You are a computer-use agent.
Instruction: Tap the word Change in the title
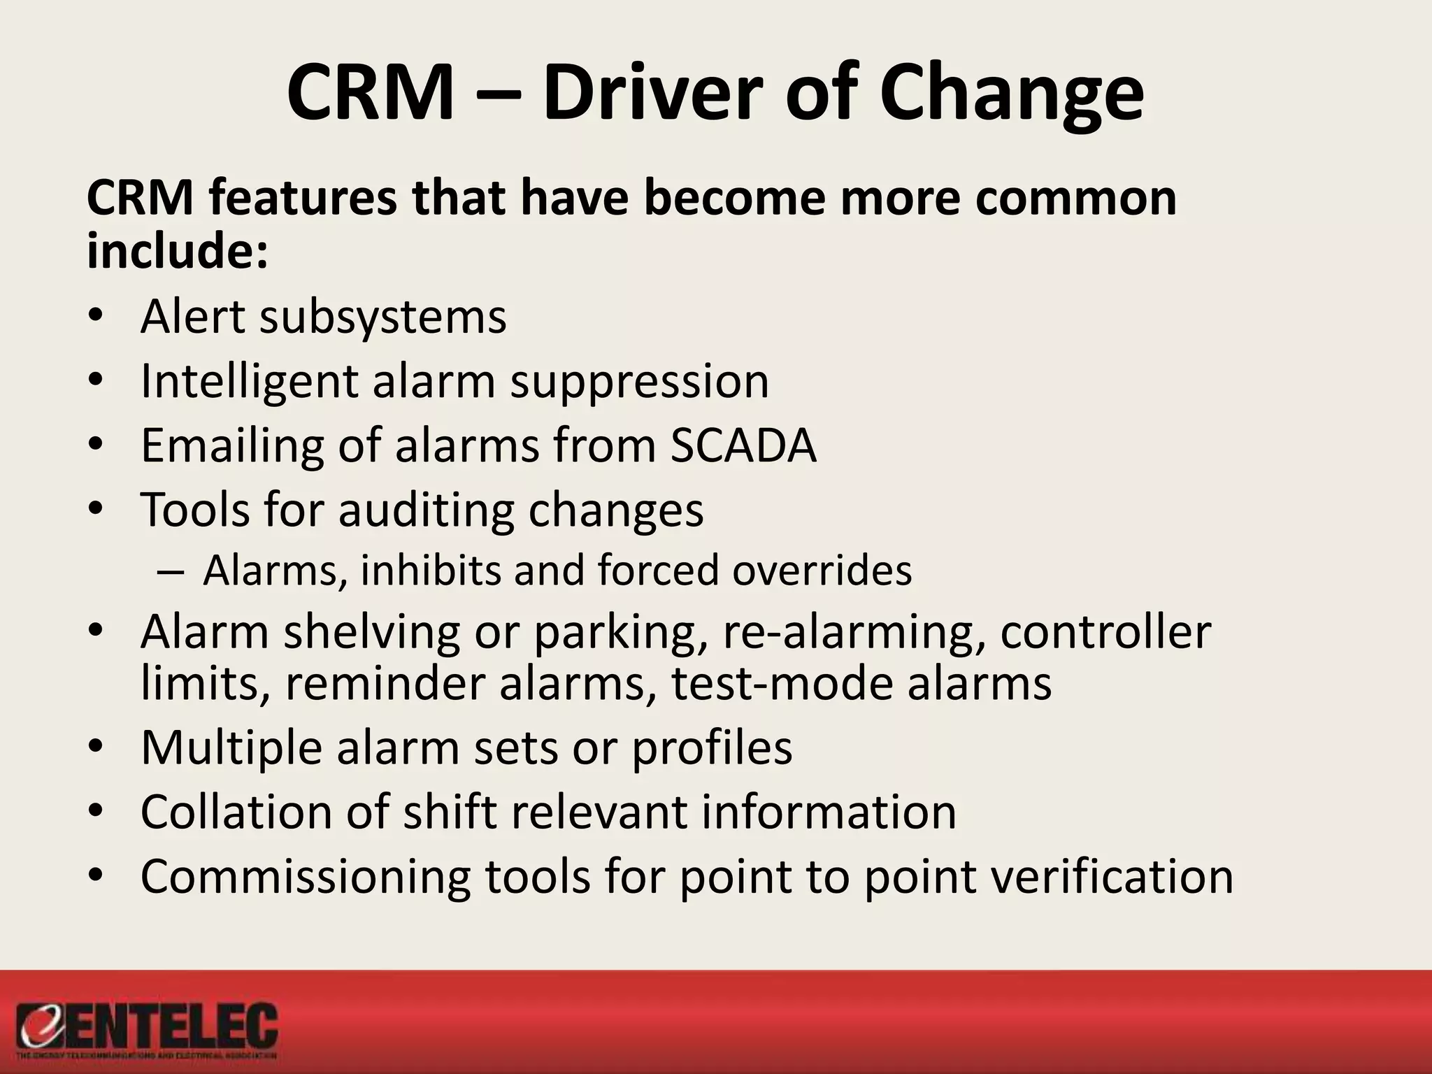(x=1011, y=94)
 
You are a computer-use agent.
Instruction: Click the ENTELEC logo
(x=148, y=1029)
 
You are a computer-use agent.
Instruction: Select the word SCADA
(x=743, y=445)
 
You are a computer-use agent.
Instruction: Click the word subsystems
(x=382, y=317)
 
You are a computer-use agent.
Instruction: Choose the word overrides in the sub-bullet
(x=822, y=570)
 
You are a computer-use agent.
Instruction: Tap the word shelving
(x=372, y=632)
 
